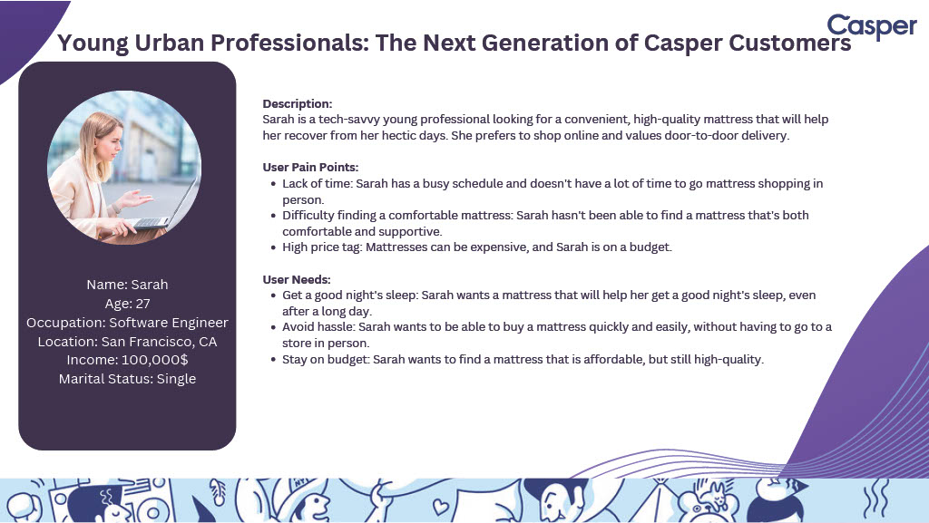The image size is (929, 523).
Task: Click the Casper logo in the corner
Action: coord(872,26)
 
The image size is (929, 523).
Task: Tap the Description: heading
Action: coord(298,103)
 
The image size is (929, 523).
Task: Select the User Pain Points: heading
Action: coord(310,167)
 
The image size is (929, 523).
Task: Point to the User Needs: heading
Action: coord(297,279)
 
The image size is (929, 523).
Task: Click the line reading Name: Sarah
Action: coord(127,285)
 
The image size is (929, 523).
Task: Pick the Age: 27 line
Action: coord(127,304)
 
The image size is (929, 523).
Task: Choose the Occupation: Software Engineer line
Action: coord(127,323)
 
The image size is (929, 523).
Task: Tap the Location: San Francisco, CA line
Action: coord(127,342)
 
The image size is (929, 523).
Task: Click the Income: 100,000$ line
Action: coord(127,360)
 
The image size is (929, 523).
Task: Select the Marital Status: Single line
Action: coord(127,379)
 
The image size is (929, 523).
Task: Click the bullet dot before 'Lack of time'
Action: coord(273,184)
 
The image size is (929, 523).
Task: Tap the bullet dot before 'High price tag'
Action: coord(273,247)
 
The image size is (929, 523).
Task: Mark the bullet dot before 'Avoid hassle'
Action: coord(273,327)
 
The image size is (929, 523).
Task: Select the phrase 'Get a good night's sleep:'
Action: coord(350,295)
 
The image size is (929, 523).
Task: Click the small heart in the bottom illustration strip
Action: coord(441,507)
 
